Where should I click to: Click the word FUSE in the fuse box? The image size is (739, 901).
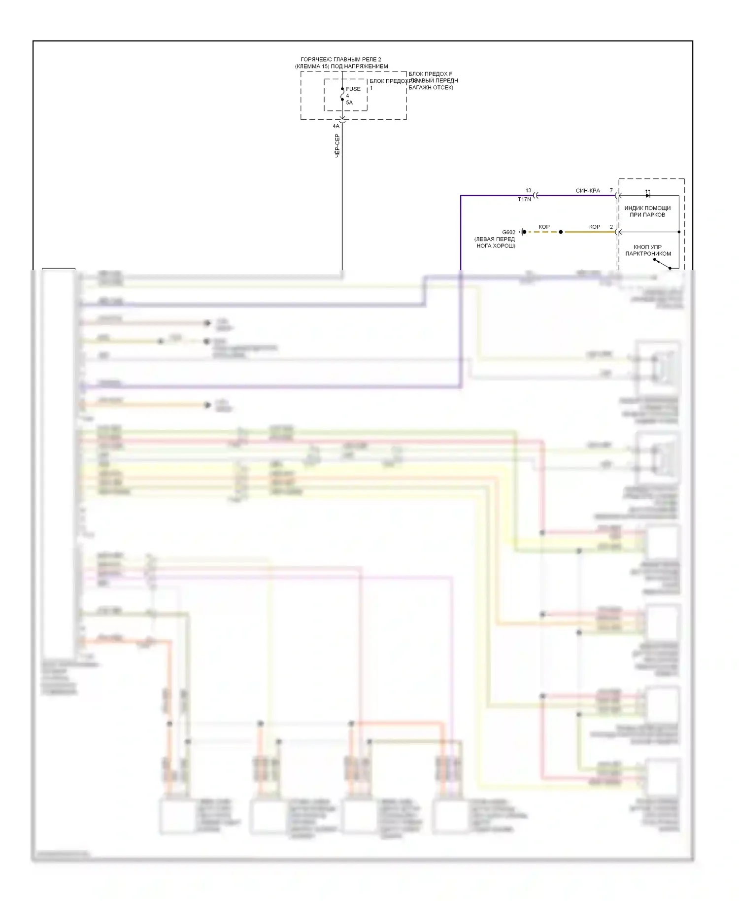click(353, 89)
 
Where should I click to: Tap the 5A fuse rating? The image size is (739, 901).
click(349, 103)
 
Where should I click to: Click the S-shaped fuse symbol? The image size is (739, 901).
click(342, 94)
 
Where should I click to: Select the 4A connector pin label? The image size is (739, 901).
click(336, 126)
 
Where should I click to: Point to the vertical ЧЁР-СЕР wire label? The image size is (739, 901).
click(337, 145)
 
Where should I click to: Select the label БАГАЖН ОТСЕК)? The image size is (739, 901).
click(431, 88)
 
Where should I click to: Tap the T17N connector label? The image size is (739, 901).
click(524, 200)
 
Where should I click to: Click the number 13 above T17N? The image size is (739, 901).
click(528, 190)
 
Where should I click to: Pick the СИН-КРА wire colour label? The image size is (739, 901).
click(588, 190)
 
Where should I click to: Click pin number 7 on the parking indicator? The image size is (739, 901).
click(611, 190)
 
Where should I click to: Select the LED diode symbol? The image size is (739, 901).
click(647, 195)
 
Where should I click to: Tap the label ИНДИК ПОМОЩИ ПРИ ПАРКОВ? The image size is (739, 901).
click(647, 211)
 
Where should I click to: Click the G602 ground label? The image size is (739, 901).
click(508, 232)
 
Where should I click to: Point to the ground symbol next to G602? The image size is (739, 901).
click(522, 232)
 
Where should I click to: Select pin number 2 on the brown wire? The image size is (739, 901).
click(611, 227)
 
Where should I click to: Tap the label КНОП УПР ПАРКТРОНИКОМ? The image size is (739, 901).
click(648, 250)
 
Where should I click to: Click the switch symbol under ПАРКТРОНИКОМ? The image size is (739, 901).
click(663, 264)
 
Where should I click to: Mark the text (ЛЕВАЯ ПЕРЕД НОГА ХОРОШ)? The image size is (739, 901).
click(495, 243)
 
